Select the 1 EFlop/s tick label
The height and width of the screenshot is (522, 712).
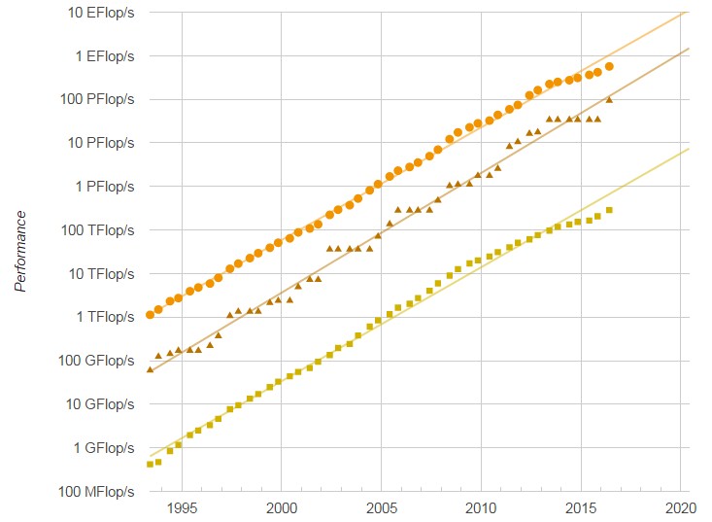point(99,55)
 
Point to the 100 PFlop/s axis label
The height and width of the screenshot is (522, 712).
point(93,99)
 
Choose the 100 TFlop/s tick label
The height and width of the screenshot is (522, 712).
point(93,230)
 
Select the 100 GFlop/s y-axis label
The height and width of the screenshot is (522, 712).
point(92,361)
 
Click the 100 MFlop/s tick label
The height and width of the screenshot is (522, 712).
point(92,492)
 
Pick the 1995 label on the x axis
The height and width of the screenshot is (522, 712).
point(182,507)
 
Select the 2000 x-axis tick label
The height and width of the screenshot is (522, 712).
point(282,507)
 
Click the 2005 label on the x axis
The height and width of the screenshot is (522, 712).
point(382,507)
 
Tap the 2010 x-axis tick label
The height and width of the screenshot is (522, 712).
point(482,507)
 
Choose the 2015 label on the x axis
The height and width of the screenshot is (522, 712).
point(581,507)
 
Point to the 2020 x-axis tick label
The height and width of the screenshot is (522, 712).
point(681,507)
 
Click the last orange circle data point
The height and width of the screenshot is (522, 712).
point(609,66)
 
